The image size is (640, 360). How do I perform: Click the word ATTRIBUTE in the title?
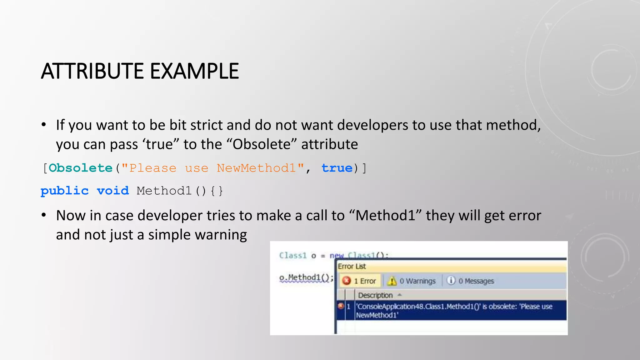pos(92,71)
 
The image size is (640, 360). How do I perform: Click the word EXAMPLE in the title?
pos(194,71)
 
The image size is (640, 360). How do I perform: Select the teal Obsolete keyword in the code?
pos(81,168)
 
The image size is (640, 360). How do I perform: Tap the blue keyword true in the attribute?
pos(337,168)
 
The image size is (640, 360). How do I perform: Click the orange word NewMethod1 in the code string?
pos(256,168)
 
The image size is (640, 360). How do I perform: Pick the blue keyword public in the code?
pos(65,191)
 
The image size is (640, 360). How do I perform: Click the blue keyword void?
pos(113,191)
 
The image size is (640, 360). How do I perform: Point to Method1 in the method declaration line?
pos(164,191)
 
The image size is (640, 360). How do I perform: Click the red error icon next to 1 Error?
pos(346,281)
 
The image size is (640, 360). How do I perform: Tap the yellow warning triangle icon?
pos(392,281)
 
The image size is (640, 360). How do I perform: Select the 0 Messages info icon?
pos(451,280)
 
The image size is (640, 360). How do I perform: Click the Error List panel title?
pos(352,267)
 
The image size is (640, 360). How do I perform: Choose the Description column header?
pos(375,295)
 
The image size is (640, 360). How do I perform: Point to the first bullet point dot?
pos(44,125)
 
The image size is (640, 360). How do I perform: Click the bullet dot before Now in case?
pos(44,215)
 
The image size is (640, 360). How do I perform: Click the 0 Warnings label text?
pos(417,281)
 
